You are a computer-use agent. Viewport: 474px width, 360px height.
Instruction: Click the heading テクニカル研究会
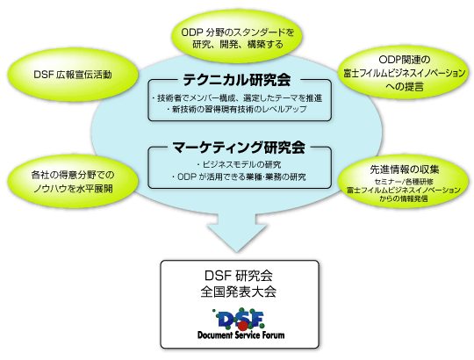pos(237,80)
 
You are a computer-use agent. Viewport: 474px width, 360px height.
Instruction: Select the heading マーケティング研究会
pos(239,148)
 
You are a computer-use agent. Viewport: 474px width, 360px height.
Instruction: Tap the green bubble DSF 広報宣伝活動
pos(73,75)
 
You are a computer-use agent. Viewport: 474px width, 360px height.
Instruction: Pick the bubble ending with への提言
pos(404,73)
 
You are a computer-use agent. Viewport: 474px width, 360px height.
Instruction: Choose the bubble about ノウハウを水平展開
pos(73,182)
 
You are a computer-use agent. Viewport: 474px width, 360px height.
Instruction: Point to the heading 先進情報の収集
pos(404,169)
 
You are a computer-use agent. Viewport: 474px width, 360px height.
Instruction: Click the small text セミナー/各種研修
pos(404,182)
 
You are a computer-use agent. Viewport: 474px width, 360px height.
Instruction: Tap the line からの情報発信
pos(404,198)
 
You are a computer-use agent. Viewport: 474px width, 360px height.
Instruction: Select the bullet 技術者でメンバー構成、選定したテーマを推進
pos(237,98)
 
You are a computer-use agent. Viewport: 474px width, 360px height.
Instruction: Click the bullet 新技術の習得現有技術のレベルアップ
pos(237,109)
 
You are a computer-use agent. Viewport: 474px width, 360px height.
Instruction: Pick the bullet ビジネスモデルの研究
pos(239,164)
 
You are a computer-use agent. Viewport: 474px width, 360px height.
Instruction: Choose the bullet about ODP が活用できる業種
pos(239,176)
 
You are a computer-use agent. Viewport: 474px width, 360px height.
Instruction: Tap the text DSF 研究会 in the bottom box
pos(239,276)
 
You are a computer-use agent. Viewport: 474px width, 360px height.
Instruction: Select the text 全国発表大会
pos(239,292)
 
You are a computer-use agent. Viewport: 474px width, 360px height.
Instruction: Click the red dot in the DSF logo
pos(243,326)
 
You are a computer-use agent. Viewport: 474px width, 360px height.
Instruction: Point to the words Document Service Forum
pos(241,335)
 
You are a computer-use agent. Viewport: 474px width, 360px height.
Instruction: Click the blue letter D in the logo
pos(227,320)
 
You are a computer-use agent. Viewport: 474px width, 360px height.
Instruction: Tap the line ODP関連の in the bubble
pos(404,60)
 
